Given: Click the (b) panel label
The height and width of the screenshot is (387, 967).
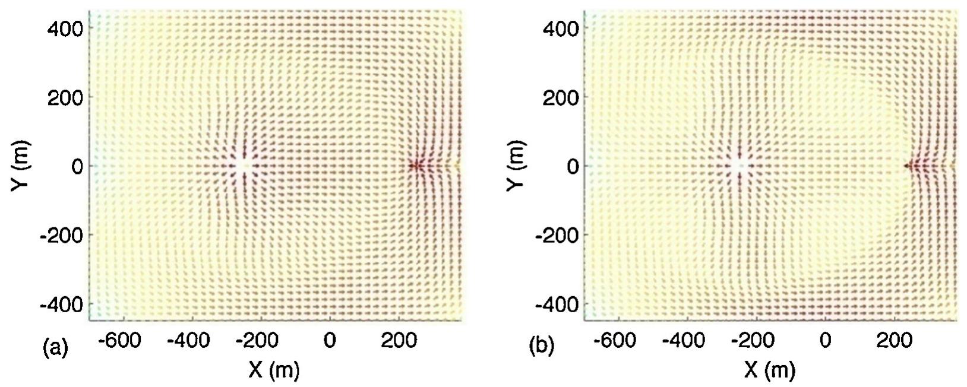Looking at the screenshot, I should tap(541, 346).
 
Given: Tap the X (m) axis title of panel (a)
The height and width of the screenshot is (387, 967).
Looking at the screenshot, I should tap(274, 370).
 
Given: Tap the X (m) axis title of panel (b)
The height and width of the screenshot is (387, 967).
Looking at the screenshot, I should tap(770, 370).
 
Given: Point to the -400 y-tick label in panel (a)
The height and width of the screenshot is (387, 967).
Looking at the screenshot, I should tap(61, 304).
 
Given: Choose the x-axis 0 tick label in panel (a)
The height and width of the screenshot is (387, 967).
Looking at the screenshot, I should tap(330, 340).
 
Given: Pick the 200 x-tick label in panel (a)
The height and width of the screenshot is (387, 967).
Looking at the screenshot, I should tap(399, 340).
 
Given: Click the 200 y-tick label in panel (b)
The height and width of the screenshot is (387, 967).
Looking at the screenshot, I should tap(561, 97).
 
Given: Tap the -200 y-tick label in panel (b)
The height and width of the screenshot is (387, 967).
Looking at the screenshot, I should tap(557, 236).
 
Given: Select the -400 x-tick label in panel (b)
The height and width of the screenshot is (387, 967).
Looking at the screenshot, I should tap(684, 340).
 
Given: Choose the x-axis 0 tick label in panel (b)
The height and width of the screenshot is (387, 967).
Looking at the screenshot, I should tap(826, 340).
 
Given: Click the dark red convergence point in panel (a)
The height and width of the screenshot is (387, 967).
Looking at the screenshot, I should tap(416, 166).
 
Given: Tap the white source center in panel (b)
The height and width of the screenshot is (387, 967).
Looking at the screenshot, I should tap(739, 166).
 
